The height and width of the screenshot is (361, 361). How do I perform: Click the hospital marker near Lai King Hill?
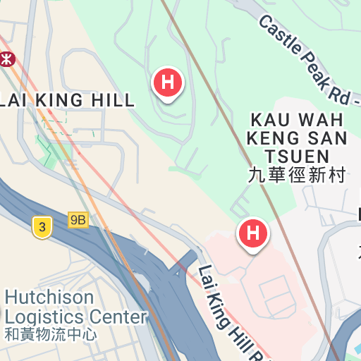pos(168,82)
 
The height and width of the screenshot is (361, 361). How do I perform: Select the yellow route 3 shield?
pos(42,227)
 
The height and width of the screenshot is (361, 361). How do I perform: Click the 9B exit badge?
pos(78,220)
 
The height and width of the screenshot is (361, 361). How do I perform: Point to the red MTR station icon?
pos(7,60)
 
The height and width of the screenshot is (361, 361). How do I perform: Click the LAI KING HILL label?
pos(66,100)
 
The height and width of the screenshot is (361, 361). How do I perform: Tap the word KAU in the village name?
pos(268,118)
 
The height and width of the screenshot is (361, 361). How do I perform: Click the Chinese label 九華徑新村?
pos(297,175)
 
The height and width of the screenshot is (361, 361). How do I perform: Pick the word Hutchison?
pos(49,297)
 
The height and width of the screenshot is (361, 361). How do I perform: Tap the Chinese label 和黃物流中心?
pos(50,334)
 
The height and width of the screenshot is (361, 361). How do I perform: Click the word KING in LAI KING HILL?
pos(63,100)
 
